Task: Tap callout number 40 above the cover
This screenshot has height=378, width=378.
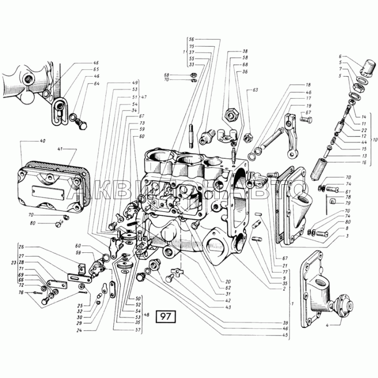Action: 43,141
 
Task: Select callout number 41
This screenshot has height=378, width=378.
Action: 60,149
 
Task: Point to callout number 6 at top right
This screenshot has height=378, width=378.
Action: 339,57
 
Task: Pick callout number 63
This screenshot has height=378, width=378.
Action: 255,89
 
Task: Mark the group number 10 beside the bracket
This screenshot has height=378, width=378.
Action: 375,140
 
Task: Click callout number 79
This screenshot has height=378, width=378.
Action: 348,203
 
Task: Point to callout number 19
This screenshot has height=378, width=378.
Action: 308,105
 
